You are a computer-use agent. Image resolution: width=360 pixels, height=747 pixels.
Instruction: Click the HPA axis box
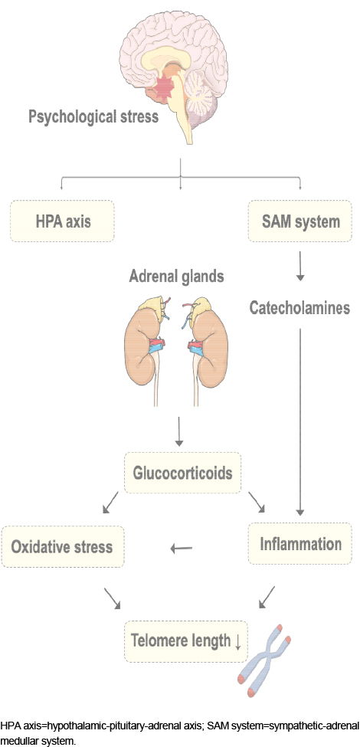tap(62, 221)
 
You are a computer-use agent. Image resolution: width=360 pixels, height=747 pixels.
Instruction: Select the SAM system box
tap(300, 221)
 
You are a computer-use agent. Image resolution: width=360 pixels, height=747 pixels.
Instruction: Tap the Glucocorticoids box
tap(182, 473)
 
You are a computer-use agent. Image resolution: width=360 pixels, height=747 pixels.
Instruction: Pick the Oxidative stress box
tap(63, 546)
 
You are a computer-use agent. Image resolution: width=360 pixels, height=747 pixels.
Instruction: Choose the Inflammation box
tap(300, 544)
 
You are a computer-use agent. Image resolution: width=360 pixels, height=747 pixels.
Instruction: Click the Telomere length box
tap(186, 641)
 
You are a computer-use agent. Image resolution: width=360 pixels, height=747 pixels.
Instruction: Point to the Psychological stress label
tap(93, 116)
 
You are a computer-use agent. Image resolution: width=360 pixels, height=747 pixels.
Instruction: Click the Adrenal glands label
tap(177, 277)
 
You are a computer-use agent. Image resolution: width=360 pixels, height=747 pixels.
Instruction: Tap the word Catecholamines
tap(300, 308)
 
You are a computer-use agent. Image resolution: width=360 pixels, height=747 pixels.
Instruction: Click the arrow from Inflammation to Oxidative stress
tap(182, 549)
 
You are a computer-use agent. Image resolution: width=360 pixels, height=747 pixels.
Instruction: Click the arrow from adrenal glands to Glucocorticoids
tap(178, 431)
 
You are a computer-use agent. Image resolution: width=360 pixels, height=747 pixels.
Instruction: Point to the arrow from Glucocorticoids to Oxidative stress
tap(110, 503)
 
